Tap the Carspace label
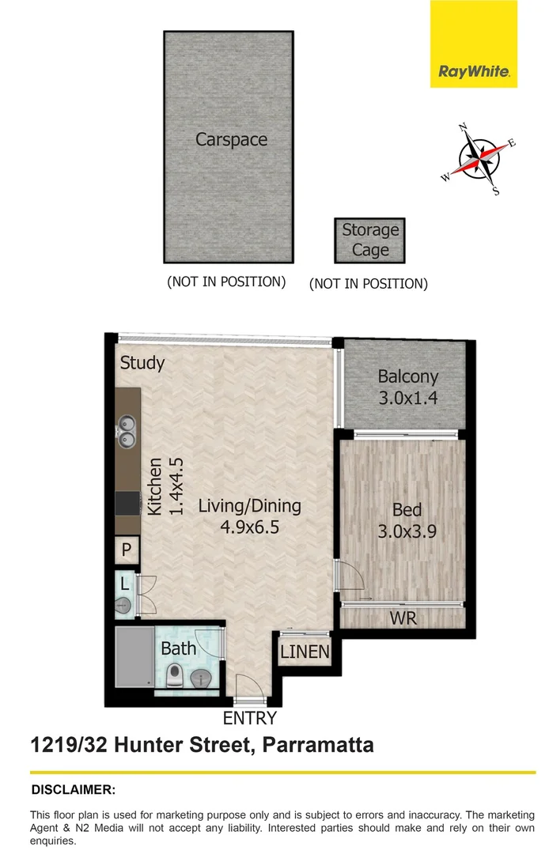[231, 140]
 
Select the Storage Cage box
[369, 240]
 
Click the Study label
[142, 363]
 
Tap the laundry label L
[125, 584]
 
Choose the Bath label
[178, 649]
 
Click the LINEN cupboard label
[305, 652]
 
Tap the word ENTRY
[250, 718]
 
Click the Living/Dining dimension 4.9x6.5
[250, 527]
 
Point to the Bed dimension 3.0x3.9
[407, 531]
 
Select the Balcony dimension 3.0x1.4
[407, 398]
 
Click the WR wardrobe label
[403, 618]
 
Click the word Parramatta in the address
[318, 744]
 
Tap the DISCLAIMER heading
[73, 789]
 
